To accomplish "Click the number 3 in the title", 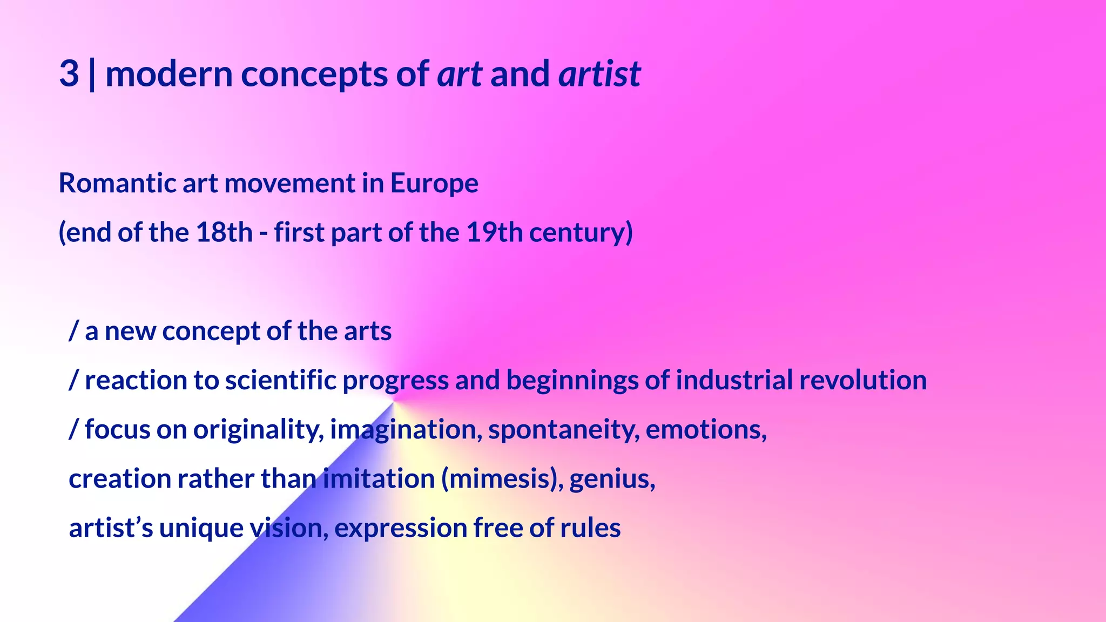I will [69, 74].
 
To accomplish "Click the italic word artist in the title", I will [599, 74].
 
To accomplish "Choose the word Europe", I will [434, 183].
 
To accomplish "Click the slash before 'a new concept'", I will [74, 331].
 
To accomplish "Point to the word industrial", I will [734, 380].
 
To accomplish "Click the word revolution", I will [863, 380].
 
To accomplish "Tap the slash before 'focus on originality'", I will [74, 430].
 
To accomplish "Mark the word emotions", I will [704, 430].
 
